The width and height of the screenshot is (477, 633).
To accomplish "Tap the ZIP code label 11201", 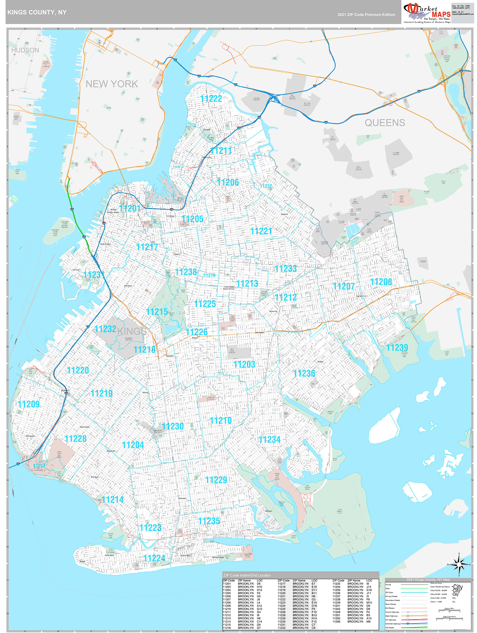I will tap(130, 208).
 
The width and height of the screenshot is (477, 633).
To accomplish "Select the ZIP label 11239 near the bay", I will tap(397, 347).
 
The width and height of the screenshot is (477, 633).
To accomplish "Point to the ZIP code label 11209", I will tap(29, 404).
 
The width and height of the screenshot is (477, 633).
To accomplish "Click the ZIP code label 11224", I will tap(154, 558).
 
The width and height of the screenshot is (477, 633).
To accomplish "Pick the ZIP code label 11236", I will tap(304, 373).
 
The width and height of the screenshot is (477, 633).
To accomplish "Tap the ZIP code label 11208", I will tap(381, 282).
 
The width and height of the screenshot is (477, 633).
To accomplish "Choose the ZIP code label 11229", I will tap(216, 480).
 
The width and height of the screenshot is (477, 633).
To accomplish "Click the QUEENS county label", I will tap(385, 123).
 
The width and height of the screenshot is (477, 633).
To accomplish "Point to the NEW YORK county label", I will tap(112, 84).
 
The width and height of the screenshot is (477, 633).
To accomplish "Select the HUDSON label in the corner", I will tap(25, 50).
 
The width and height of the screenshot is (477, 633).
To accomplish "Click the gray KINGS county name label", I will tap(132, 331).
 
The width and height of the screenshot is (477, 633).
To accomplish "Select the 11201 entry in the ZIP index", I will tap(227, 584).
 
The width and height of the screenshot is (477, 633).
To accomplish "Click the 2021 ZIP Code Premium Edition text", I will tap(366, 15).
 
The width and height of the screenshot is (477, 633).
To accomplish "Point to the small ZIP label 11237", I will tap(266, 186).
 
